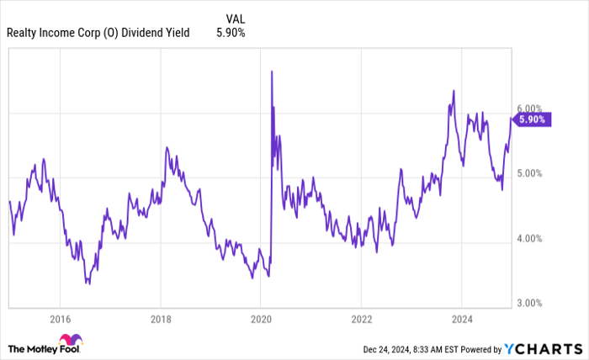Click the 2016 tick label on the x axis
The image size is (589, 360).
[x=60, y=320]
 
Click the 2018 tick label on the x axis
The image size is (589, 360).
[x=161, y=320]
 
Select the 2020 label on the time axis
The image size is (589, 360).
[x=261, y=320]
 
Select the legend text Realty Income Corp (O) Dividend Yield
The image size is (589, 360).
[x=98, y=33]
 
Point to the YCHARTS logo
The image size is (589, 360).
[x=542, y=348]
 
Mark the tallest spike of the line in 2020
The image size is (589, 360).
[x=271, y=71]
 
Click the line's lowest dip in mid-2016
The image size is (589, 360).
[x=88, y=283]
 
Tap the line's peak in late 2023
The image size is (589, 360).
[x=454, y=91]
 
